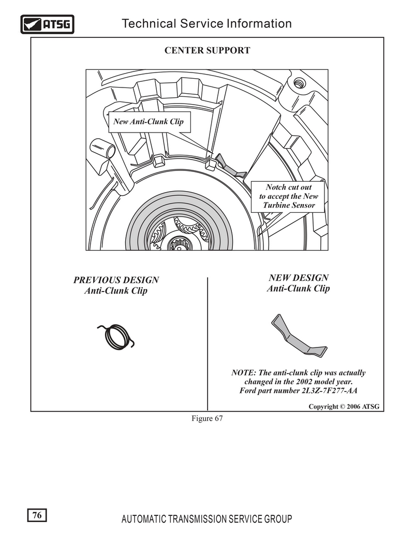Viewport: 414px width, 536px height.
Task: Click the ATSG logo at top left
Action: tap(47, 24)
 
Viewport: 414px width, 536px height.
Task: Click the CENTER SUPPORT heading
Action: tap(208, 50)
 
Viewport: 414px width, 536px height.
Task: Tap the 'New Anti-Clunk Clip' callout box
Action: tap(149, 122)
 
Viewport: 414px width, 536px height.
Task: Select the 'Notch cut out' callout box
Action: tap(288, 197)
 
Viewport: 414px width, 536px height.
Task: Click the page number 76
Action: tap(37, 515)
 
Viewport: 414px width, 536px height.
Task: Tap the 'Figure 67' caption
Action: tap(207, 418)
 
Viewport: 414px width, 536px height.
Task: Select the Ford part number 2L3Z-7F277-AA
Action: tap(330, 390)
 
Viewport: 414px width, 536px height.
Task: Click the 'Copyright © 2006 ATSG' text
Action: tap(344, 407)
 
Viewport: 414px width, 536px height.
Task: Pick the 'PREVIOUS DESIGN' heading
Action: tap(116, 280)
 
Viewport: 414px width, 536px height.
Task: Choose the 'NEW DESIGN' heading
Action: tap(299, 278)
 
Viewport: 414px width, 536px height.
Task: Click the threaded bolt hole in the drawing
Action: tap(299, 82)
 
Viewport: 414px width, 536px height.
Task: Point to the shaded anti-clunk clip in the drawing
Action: tap(231, 166)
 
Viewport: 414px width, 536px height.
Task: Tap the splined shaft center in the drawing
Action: tap(180, 244)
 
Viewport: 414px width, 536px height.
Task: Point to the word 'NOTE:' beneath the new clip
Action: tap(244, 372)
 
